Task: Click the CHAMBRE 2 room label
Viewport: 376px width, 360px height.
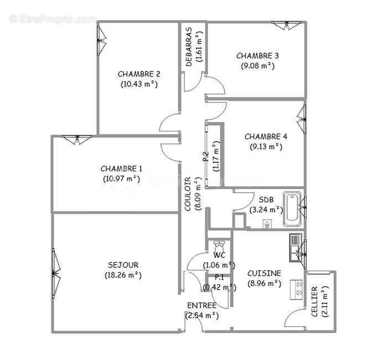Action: click(139, 74)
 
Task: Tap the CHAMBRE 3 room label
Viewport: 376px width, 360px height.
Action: click(257, 55)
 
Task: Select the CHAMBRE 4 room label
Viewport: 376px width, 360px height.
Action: click(266, 137)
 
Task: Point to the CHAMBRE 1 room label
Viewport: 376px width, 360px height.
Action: click(121, 168)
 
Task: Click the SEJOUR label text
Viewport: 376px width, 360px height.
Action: click(123, 265)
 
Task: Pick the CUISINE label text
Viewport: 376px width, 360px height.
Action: click(264, 273)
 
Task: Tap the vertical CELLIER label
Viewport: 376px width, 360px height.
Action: click(315, 302)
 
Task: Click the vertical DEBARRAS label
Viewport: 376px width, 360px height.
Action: click(189, 47)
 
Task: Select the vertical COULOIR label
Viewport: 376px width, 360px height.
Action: click(188, 194)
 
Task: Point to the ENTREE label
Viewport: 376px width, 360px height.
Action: click(202, 305)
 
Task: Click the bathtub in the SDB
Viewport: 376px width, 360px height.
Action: click(292, 209)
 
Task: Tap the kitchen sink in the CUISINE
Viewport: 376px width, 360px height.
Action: click(294, 246)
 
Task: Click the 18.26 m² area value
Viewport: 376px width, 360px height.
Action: click(123, 275)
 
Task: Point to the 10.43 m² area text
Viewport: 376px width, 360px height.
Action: click(139, 84)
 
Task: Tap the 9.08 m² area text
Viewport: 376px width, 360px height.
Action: click(257, 65)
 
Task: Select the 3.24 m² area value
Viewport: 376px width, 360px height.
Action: click(266, 210)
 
